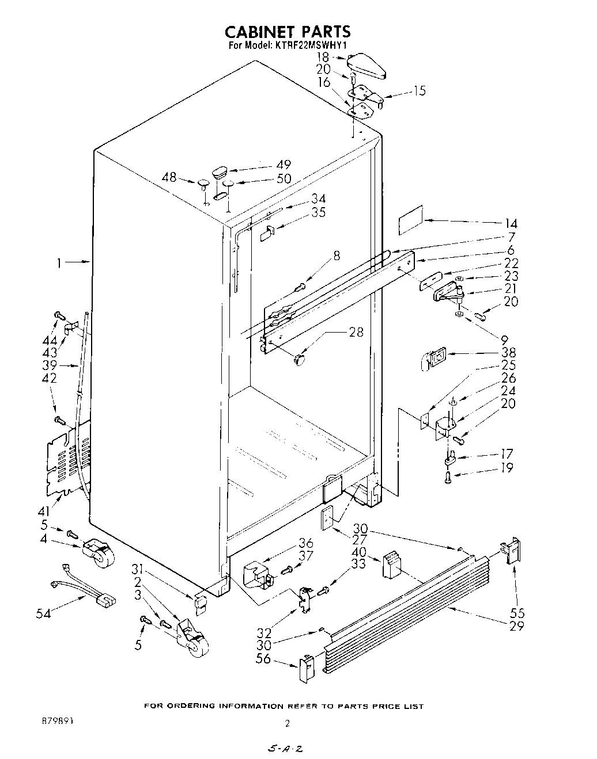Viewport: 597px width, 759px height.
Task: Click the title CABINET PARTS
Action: pos(288,30)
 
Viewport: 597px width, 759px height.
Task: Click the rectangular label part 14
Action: pos(410,220)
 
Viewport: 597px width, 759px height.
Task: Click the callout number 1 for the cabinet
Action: pos(59,263)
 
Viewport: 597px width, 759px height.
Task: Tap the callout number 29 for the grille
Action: pos(517,625)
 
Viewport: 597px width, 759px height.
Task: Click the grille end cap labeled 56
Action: pos(306,668)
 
